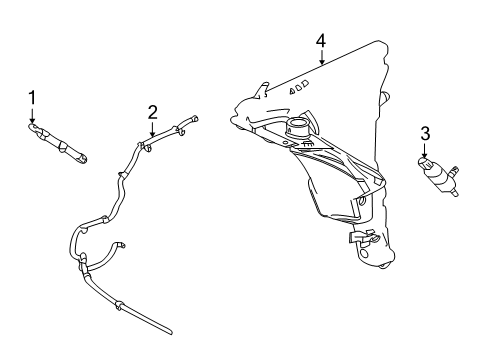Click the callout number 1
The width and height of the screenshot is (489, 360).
point(32,98)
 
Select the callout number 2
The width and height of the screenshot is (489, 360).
point(152,112)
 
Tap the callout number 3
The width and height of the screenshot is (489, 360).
point(425,134)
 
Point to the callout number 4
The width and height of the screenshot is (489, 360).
point(321,41)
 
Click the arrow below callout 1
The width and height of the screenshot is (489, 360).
point(32,115)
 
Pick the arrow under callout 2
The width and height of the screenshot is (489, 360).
point(152,129)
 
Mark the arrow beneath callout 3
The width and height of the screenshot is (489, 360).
point(425,150)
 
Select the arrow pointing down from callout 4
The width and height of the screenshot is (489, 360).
point(321,57)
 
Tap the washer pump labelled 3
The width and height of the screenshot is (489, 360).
point(438,176)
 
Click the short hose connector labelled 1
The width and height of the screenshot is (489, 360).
point(57,144)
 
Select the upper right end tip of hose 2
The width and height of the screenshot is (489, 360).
point(196,118)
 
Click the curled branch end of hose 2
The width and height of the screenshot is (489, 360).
point(122,245)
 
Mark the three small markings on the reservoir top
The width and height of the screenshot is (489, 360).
point(299,87)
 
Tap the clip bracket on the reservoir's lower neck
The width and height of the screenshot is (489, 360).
point(363,237)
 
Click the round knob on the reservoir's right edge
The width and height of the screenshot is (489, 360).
point(385,98)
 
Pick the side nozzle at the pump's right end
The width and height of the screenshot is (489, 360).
point(453,170)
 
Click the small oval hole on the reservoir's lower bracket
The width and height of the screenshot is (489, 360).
point(362,200)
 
